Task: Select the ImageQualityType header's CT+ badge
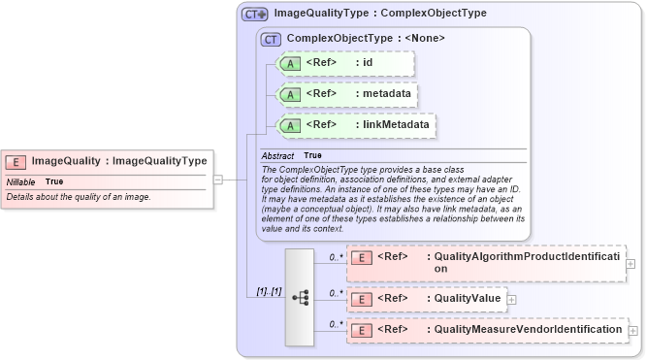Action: click(x=255, y=15)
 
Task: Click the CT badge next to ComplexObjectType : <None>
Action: click(x=272, y=39)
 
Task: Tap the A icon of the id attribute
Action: click(x=290, y=64)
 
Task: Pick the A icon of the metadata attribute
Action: click(x=290, y=94)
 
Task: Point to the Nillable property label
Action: click(x=21, y=181)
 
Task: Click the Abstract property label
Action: click(x=277, y=155)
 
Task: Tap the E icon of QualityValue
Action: click(x=361, y=298)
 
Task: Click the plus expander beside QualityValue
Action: click(x=512, y=299)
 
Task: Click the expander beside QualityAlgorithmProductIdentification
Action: click(x=631, y=263)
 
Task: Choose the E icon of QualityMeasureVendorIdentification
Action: click(x=361, y=331)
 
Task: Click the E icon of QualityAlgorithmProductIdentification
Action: click(x=361, y=257)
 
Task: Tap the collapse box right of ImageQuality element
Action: click(x=218, y=179)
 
